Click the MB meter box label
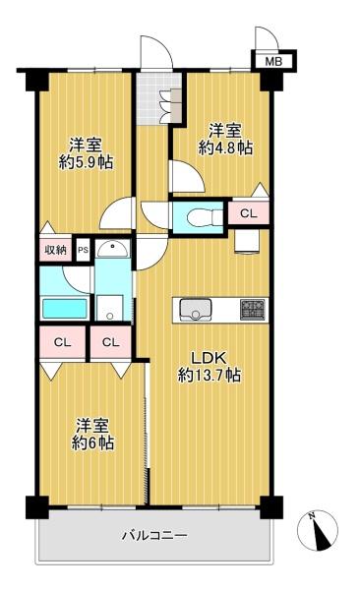[x=273, y=61]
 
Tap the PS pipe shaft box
[x=84, y=249]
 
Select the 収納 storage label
[x=56, y=250]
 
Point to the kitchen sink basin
[x=195, y=310]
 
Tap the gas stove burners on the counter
[x=252, y=310]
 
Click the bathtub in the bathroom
[x=64, y=310]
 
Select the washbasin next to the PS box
[x=112, y=249]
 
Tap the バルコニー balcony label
[x=154, y=535]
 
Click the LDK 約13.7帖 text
[x=209, y=367]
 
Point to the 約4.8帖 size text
[x=225, y=148]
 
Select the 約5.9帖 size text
[x=86, y=162]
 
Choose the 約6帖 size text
[x=92, y=442]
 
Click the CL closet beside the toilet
[x=248, y=213]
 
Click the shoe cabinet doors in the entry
[x=171, y=105]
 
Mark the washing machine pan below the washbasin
[x=109, y=308]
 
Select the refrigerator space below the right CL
[x=247, y=241]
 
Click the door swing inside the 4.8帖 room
[x=187, y=175]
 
